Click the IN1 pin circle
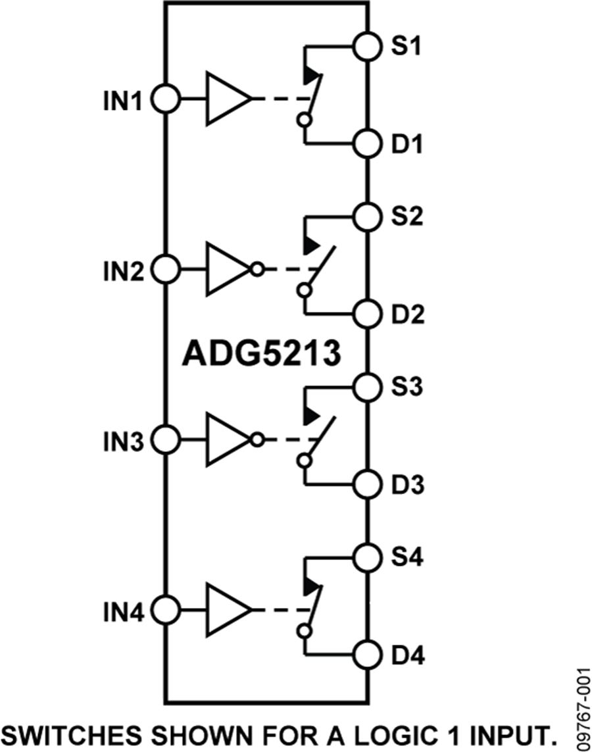pos(165,100)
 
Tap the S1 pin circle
pos(367,47)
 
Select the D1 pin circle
pos(367,142)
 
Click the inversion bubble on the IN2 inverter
pos(257,269)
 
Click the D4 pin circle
pos(367,655)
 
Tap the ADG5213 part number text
pos(261,355)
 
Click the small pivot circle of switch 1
pos(303,120)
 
